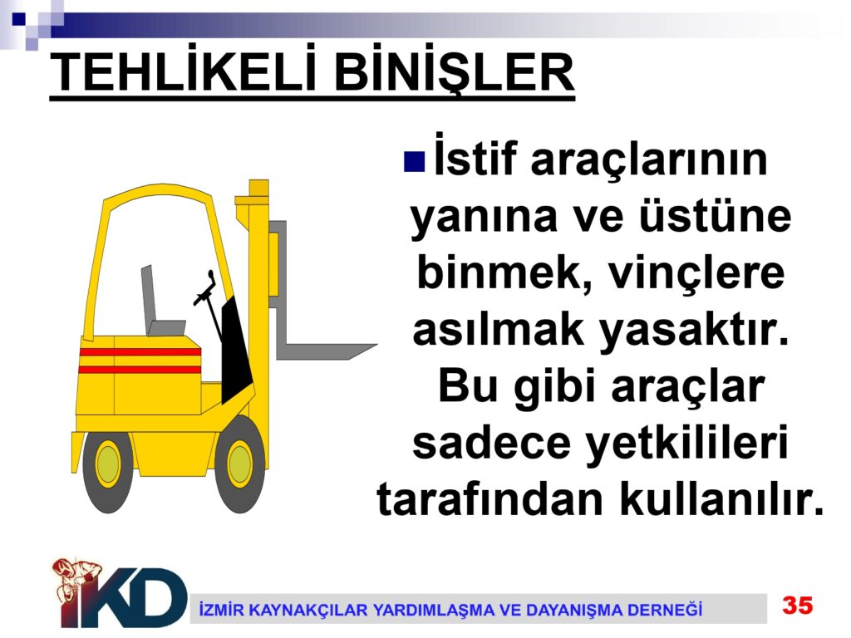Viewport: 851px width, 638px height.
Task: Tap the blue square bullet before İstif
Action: tap(414, 161)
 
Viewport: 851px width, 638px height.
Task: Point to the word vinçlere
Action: tap(696, 272)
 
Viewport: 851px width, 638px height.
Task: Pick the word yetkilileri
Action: tap(686, 442)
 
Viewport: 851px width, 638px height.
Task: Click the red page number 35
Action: tap(797, 605)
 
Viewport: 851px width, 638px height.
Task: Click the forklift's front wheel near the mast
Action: tap(239, 464)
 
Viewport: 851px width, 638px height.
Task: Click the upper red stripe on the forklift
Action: tap(140, 352)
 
